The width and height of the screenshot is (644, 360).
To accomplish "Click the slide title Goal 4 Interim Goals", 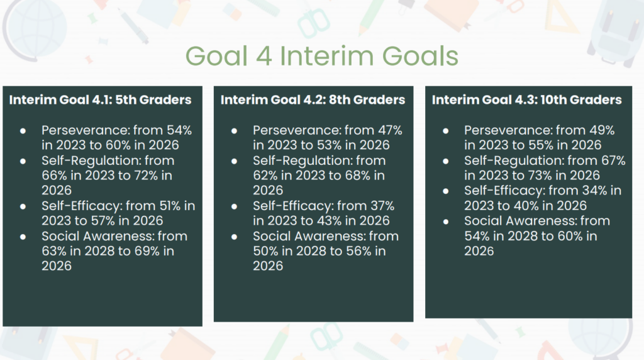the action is point(321,56).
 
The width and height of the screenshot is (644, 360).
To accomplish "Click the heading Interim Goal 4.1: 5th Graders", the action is point(100,100).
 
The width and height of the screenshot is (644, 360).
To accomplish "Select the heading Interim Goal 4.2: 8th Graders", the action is point(313,100).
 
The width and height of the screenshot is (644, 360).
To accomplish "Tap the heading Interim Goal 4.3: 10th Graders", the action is point(526,100).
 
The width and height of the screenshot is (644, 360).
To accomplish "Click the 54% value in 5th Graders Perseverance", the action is point(179,130).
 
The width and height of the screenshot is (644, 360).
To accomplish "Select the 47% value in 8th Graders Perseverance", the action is point(390,130).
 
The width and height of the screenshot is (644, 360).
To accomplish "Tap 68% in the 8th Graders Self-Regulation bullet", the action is point(358,176).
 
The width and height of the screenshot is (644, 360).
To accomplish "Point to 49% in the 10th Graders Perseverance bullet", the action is point(602,130).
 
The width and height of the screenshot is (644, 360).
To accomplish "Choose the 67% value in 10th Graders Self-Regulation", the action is point(613,160).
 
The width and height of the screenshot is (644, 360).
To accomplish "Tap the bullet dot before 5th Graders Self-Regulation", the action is point(23,161).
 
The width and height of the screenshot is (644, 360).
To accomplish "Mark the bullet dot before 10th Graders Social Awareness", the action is point(446,222).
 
